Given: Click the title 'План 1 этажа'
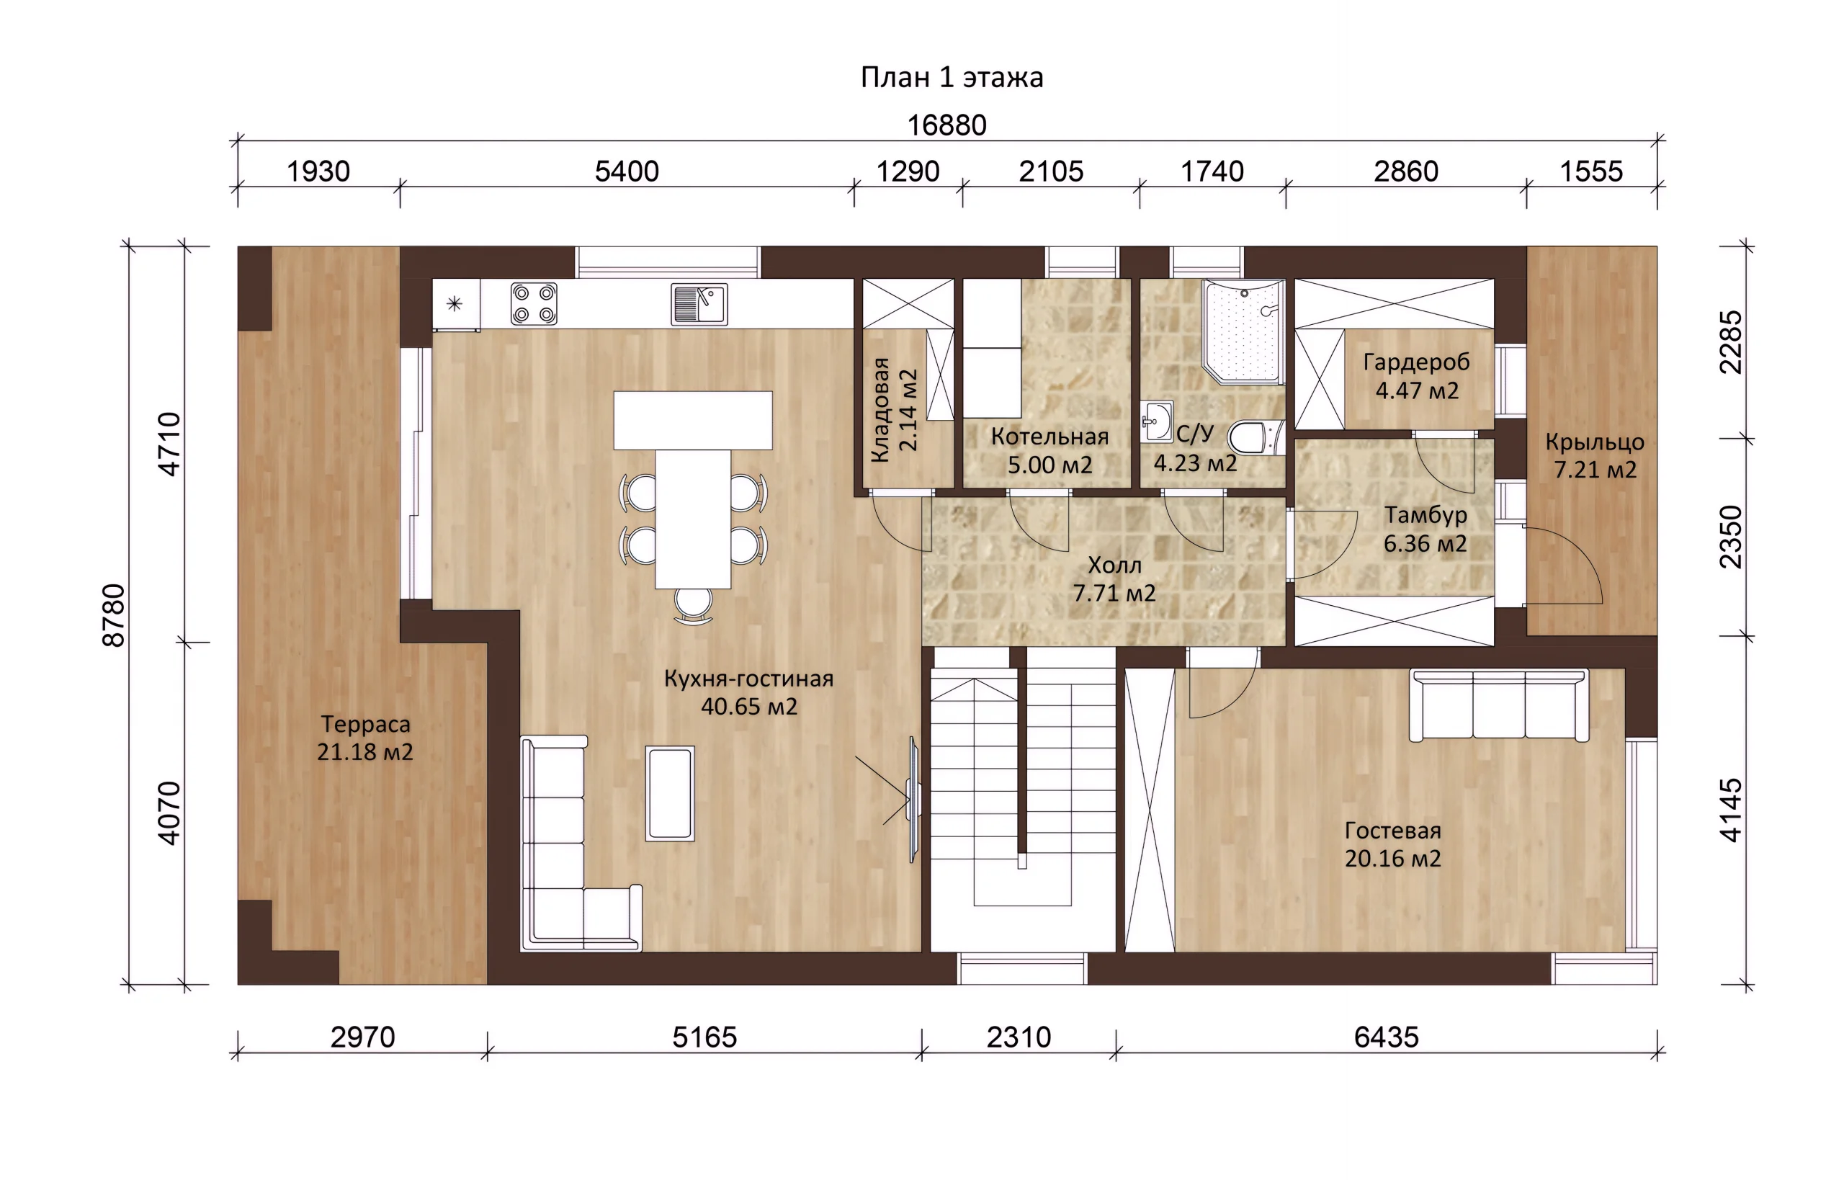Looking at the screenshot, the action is pyautogui.click(x=952, y=77).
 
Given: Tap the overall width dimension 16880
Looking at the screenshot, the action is pyautogui.click(x=947, y=125).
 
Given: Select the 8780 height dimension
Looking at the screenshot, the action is pyautogui.click(x=114, y=615).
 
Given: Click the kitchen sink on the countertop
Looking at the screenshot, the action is pyautogui.click(x=699, y=304).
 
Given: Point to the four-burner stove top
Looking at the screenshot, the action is pyautogui.click(x=534, y=303).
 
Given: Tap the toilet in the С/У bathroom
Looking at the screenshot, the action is pyautogui.click(x=1254, y=437).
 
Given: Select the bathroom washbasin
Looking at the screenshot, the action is pyautogui.click(x=1156, y=421).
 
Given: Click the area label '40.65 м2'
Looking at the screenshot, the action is pyautogui.click(x=749, y=707).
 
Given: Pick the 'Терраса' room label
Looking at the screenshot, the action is pyautogui.click(x=365, y=724).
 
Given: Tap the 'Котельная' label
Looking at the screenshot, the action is pyautogui.click(x=1049, y=437).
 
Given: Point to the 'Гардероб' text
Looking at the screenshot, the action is pyautogui.click(x=1417, y=362).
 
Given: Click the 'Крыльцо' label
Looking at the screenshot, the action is pyautogui.click(x=1595, y=442).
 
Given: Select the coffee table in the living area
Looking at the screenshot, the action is pyautogui.click(x=671, y=793).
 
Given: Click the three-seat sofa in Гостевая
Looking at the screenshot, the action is pyautogui.click(x=1498, y=705).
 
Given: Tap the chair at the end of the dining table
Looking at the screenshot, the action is pyautogui.click(x=694, y=605).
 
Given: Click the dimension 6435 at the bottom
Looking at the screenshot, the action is pyautogui.click(x=1386, y=1037).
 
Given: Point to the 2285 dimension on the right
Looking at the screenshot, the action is pyautogui.click(x=1732, y=341).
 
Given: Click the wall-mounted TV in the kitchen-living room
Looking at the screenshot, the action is pyautogui.click(x=913, y=800).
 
